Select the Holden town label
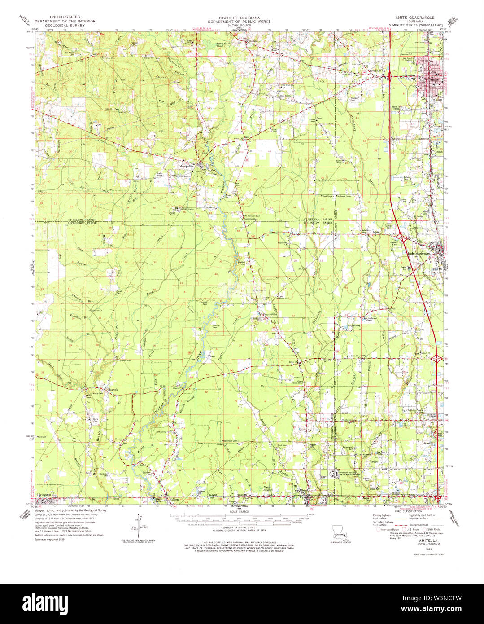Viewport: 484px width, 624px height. click(x=173, y=498)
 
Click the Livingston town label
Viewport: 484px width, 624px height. click(x=44, y=494)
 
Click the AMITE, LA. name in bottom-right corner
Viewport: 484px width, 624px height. click(x=423, y=542)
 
